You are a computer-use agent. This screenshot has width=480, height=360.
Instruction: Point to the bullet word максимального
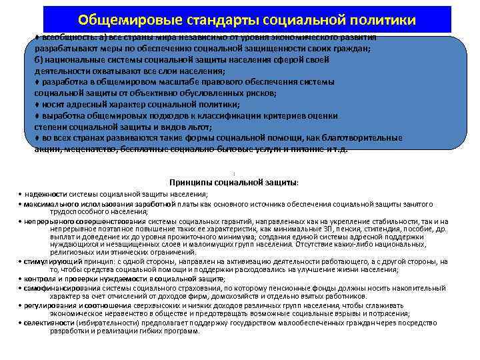(x=49, y=203)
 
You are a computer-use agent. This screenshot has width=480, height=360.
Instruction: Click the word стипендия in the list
(x=376, y=229)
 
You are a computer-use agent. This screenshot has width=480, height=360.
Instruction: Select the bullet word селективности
(x=45, y=322)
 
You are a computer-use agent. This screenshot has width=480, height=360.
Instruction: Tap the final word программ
(x=181, y=331)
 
